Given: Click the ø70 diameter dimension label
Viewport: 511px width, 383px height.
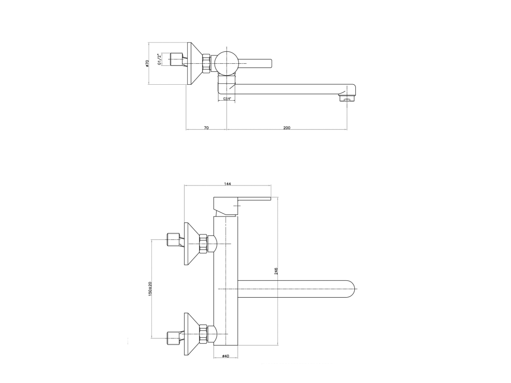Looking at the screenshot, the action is (x=147, y=63).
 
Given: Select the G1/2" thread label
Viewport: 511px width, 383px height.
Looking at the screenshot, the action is (x=160, y=59).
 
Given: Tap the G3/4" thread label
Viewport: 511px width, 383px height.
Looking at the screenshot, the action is (x=227, y=98).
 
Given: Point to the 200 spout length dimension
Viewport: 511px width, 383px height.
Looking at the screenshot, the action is (x=286, y=128).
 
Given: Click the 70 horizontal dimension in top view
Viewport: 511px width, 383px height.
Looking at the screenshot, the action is (x=206, y=128).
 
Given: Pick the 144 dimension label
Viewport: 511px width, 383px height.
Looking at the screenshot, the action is (x=228, y=184).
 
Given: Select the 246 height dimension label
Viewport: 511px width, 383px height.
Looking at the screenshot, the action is (x=276, y=271).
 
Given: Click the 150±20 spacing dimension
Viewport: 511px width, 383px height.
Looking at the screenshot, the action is (x=150, y=289).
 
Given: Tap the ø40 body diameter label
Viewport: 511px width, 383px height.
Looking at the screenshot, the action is (x=226, y=356).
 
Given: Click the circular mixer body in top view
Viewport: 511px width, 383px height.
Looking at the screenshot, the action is (x=227, y=62).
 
